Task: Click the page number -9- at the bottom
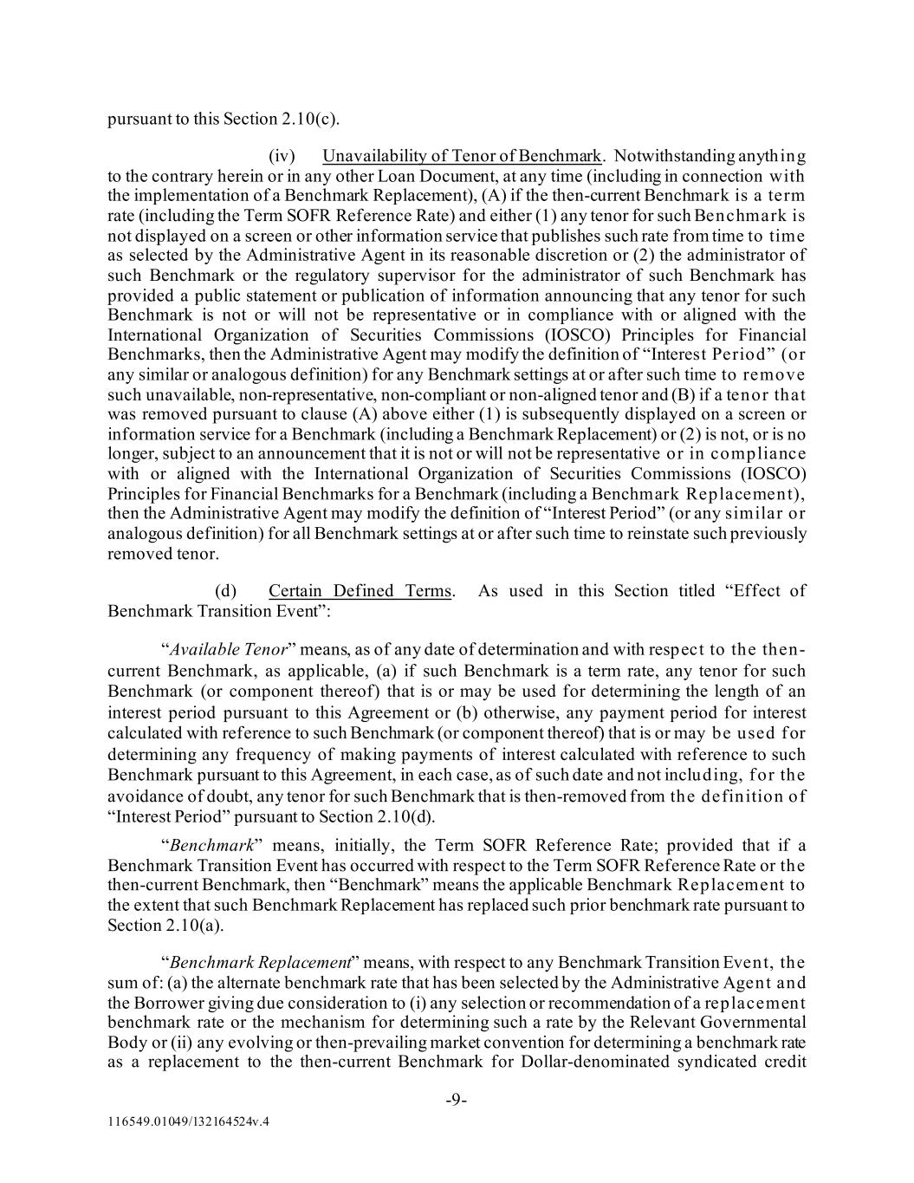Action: point(457,1100)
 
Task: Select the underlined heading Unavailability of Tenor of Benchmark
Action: point(462,156)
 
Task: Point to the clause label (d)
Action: point(226,591)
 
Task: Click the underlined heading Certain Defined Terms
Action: point(360,591)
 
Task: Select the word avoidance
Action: point(145,796)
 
